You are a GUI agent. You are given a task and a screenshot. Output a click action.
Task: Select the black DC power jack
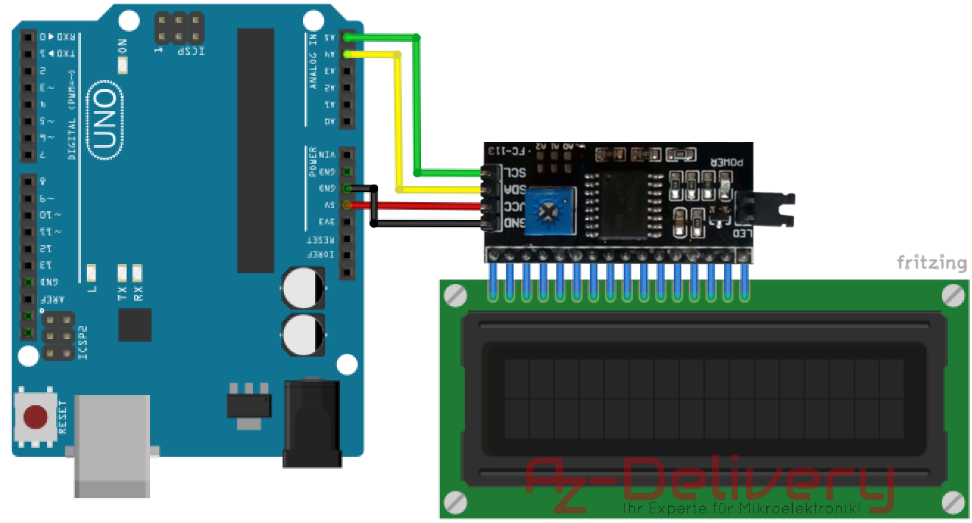311,423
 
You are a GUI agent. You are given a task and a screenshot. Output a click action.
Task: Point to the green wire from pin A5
417,103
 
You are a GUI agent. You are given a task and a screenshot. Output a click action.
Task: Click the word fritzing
931,263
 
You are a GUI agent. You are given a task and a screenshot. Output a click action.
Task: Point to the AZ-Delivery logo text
710,482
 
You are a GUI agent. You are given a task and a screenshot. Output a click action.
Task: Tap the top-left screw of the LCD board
455,296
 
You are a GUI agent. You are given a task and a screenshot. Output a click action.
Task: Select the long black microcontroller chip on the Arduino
255,150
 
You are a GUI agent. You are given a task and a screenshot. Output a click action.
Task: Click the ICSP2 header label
82,341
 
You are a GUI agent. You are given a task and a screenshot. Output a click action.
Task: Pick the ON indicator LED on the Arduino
122,65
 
